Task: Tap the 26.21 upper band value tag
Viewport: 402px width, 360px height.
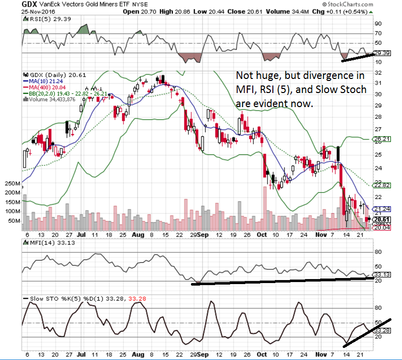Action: [x=383, y=139]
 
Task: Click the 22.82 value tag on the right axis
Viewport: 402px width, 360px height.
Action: [x=383, y=185]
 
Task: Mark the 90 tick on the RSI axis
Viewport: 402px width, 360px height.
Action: [x=377, y=23]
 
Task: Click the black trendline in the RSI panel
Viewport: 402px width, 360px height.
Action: [x=357, y=57]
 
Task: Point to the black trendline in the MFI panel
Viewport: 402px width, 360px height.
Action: [x=281, y=281]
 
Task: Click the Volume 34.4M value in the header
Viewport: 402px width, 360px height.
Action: [x=288, y=11]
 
